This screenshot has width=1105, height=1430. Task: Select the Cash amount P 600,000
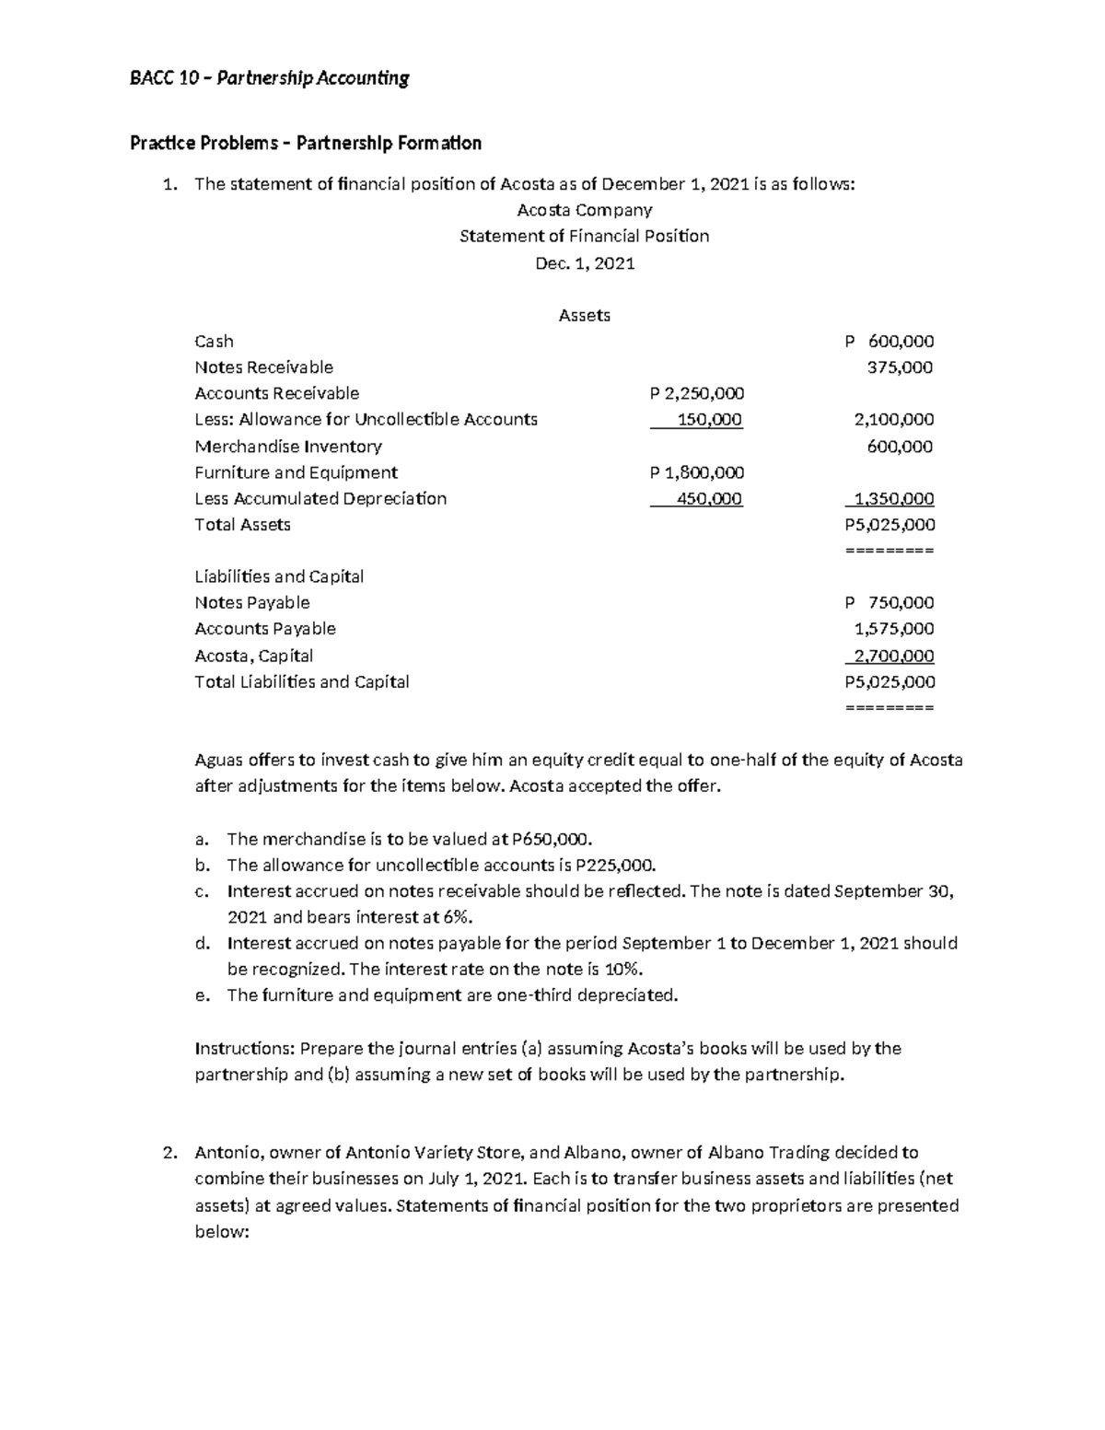889,341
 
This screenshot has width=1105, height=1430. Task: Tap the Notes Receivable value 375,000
900,367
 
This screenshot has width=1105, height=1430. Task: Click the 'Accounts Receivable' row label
276,393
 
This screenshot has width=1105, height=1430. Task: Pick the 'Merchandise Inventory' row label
287,447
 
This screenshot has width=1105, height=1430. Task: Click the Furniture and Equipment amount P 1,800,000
696,472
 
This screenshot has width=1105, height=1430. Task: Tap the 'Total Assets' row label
242,525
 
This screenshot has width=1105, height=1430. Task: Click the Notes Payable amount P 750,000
889,603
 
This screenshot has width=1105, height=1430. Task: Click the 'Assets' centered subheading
585,315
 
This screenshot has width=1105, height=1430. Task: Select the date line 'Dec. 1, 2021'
585,263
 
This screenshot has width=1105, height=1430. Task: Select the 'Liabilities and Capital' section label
279,576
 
